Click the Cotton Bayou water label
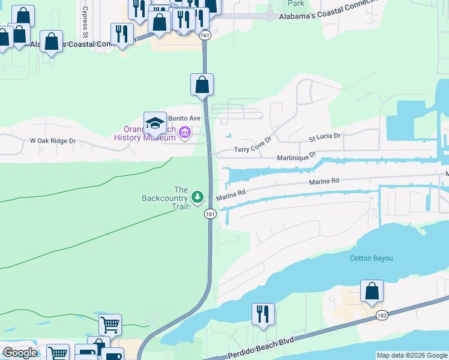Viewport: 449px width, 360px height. pyautogui.click(x=371, y=258)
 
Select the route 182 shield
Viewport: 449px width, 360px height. pyautogui.click(x=382, y=315)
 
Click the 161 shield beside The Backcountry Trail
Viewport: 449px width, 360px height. pyautogui.click(x=209, y=214)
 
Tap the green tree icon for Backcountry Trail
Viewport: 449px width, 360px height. pyautogui.click(x=197, y=196)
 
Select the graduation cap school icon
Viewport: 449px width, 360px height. pyautogui.click(x=154, y=123)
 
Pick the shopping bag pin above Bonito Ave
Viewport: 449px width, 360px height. pyautogui.click(x=202, y=85)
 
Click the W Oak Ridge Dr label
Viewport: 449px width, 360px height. pyautogui.click(x=53, y=141)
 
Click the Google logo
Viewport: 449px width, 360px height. pyautogui.click(x=20, y=353)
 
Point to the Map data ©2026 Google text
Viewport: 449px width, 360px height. pyautogui.click(x=412, y=355)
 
